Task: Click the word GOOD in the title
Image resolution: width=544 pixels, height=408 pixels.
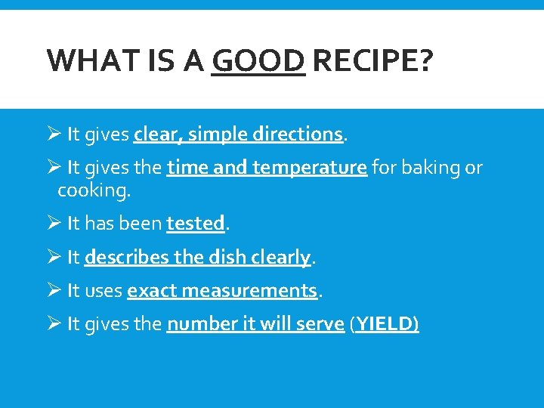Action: pyautogui.click(x=258, y=60)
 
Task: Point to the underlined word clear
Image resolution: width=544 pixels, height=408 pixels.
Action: pyautogui.click(x=155, y=134)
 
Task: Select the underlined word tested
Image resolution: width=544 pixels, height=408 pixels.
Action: pyautogui.click(x=196, y=224)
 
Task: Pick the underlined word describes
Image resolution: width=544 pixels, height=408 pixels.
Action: pyautogui.click(x=127, y=257)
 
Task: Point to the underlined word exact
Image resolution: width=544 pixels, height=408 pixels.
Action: pyautogui.click(x=151, y=291)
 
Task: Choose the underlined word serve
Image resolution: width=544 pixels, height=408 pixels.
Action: pyautogui.click(x=319, y=324)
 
